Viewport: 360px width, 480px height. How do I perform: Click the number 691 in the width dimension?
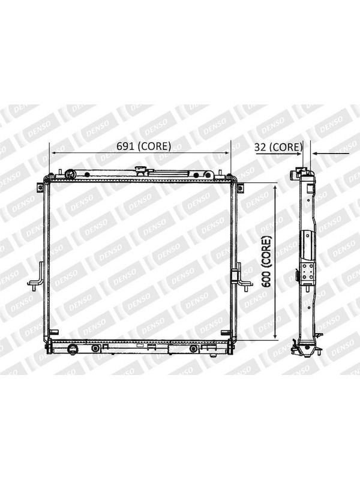(x=125, y=146)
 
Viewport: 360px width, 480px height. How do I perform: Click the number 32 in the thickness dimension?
(x=260, y=147)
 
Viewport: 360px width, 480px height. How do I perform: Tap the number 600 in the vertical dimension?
(x=267, y=278)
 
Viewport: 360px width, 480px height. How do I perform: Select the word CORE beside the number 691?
(x=154, y=146)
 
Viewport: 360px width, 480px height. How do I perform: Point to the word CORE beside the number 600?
(x=267, y=250)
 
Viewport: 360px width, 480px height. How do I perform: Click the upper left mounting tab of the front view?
(x=40, y=187)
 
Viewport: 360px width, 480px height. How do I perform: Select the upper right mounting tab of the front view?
(x=241, y=188)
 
